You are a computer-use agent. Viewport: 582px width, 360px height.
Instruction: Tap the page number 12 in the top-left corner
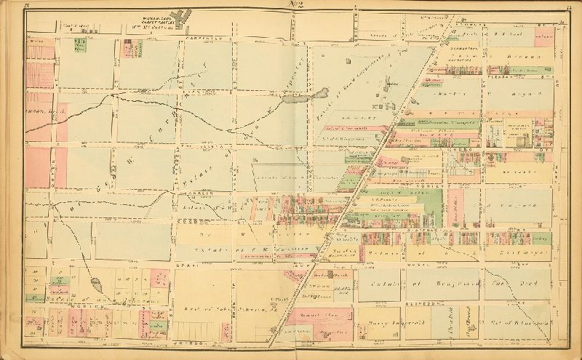[27, 6]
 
